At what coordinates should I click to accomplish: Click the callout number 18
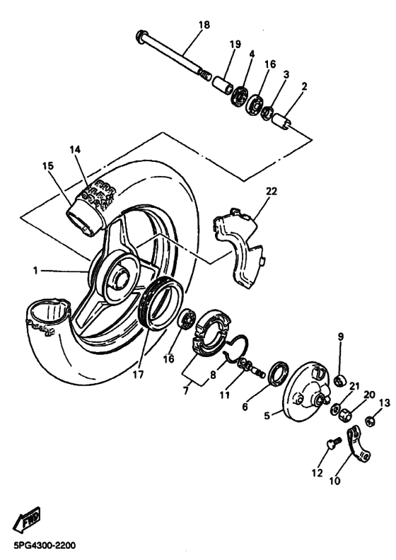[x=204, y=25]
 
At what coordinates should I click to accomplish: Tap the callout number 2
[x=304, y=87]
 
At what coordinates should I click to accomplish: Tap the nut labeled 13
[x=369, y=422]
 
